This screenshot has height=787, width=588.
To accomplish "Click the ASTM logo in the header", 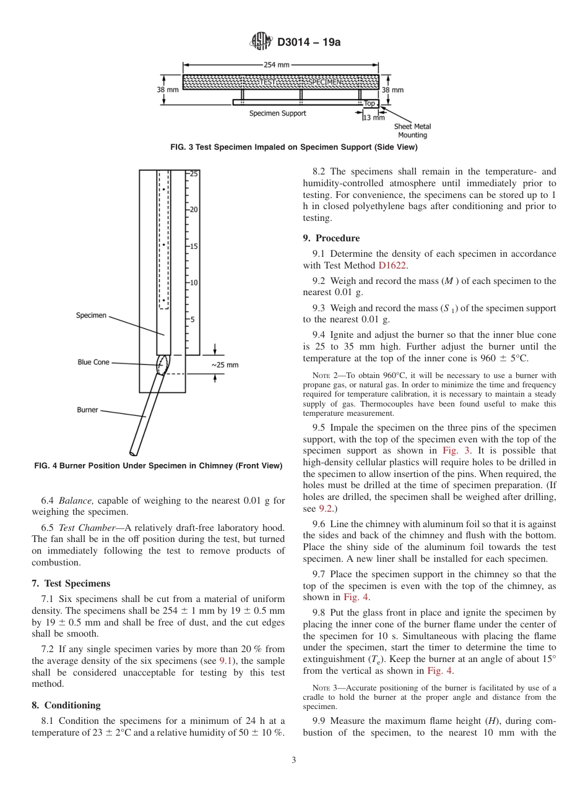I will pos(261,42).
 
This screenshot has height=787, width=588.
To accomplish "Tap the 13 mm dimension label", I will pos(374,118).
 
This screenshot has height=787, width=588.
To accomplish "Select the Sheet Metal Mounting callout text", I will pos(412,131).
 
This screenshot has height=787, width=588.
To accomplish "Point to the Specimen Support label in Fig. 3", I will pos(277,113).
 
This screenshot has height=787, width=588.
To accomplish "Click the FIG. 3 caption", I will pos(293,147).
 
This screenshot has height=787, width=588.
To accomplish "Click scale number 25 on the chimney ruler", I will pos(194,174).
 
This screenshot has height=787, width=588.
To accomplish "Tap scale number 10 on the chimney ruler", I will pos(194,283).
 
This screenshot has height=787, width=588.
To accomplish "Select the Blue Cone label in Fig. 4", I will pos(93,362).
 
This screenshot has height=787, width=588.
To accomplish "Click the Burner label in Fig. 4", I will pos(87,410).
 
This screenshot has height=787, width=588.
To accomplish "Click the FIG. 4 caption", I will pos(158,466).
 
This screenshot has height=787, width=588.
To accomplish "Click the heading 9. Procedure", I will pos(331,238).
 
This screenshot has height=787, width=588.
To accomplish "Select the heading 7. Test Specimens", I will pos(71,583).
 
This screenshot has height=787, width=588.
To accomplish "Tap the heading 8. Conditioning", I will pos(66,705).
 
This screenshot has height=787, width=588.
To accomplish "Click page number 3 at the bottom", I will pos(294,760).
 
